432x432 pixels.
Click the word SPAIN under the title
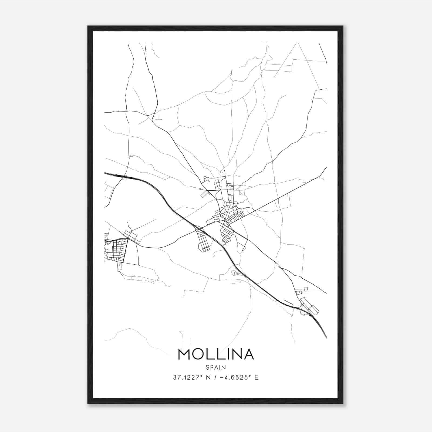(215, 367)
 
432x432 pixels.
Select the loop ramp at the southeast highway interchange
(303, 313)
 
